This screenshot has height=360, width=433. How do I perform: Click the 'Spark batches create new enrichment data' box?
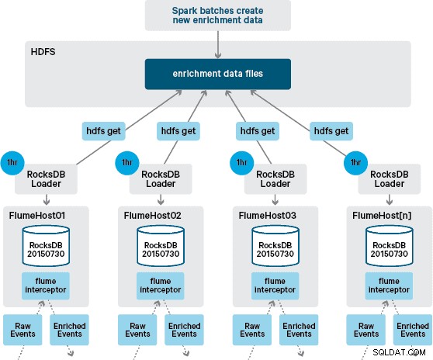pos(218,16)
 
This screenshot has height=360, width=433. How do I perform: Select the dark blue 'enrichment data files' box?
pos(218,74)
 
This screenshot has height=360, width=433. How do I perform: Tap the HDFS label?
pos(43,52)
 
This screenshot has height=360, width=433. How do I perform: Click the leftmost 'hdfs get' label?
pos(103,131)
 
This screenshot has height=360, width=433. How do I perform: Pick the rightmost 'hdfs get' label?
pos(331,131)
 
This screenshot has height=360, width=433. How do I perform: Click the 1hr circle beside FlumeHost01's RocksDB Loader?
pos(12,163)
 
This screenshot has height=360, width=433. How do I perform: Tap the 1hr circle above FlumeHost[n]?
pos(355,163)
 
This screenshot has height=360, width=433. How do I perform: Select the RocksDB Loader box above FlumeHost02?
pos(161,179)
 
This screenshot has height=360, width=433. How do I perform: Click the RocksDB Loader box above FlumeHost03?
pos(275,179)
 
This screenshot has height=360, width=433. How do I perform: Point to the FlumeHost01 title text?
pos(37,216)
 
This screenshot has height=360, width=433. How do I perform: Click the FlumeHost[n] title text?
pos(382,216)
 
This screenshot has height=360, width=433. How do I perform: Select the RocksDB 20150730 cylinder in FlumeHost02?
pos(161,246)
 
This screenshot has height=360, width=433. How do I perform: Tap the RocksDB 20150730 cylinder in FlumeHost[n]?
pos(390,246)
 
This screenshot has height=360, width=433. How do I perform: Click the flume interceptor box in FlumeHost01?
pos(46,286)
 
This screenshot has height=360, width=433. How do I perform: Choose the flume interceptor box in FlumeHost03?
pos(275,286)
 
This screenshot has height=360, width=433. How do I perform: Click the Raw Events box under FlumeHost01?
pos(23,330)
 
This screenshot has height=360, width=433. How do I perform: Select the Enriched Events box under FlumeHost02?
pos(184,330)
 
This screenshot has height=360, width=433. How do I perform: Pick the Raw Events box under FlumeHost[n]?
pos(366,330)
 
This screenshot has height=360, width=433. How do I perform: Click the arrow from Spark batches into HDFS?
pos(218,44)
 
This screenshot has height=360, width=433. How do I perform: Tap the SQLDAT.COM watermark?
pos(399,352)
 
